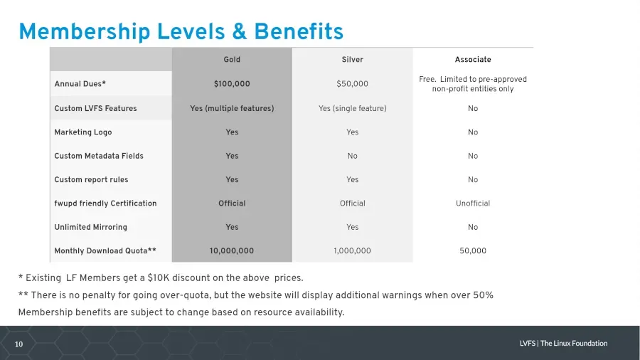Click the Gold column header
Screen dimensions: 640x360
(232, 60)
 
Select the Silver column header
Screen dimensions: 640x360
(352, 60)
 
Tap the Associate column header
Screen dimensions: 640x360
(473, 60)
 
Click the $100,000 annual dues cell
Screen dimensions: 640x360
(232, 84)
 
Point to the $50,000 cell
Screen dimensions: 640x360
(352, 84)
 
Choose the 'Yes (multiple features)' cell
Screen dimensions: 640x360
(232, 108)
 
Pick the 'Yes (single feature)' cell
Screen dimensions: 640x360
(352, 108)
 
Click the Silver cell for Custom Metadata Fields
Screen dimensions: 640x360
(352, 156)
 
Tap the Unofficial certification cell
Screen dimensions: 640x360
(473, 203)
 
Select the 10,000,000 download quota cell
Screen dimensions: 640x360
(232, 250)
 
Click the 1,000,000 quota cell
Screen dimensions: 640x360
(352, 250)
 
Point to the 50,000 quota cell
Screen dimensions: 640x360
(473, 250)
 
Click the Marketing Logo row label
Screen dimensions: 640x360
(83, 132)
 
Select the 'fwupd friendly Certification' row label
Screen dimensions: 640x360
(105, 203)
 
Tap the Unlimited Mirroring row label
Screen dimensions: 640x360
(90, 227)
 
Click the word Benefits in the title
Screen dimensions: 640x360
(299, 31)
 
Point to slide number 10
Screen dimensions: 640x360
(18, 344)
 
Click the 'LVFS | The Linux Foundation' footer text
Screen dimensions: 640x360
(563, 343)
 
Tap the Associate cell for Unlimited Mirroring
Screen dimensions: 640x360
(473, 227)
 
